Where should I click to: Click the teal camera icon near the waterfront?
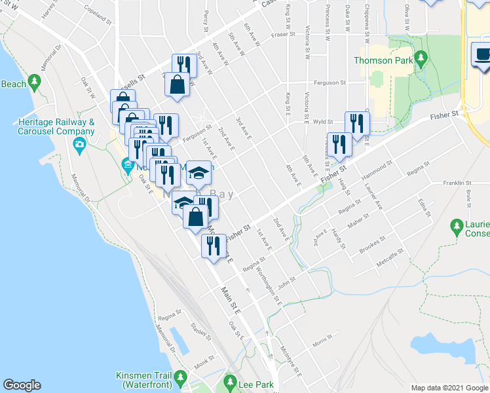point(79,144)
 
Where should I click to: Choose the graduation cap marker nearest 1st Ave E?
point(198,173)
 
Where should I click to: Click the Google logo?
point(22,385)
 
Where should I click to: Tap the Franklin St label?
point(457,183)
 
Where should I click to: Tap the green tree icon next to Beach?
point(35,81)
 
